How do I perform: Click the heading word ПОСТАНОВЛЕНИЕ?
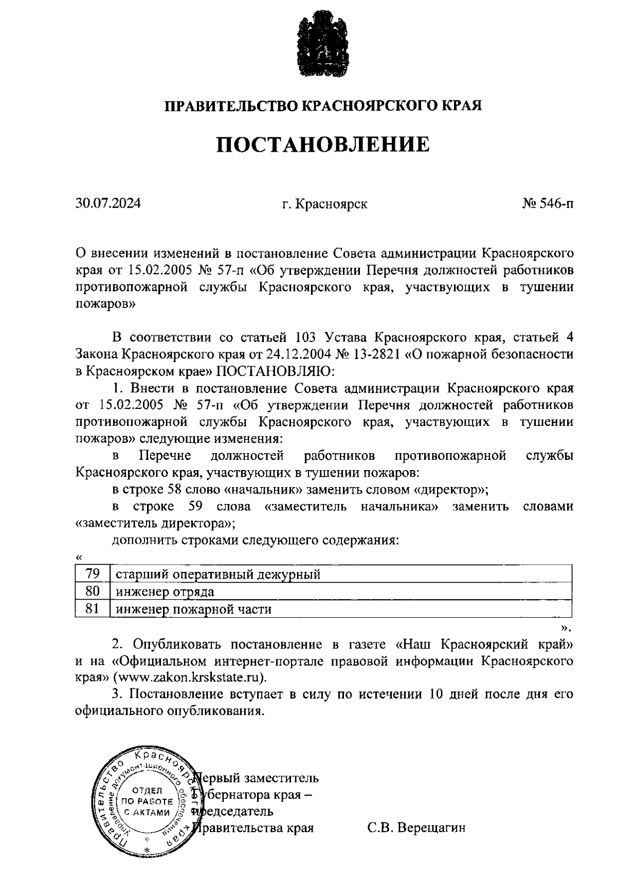pos(322,145)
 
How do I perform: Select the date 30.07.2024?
pos(107,204)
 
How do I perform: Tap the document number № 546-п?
pos(548,204)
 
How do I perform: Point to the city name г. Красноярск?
pos(324,204)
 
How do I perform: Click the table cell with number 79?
pos(92,573)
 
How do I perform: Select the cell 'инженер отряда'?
pos(165,591)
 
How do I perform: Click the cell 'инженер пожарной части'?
pos(193,609)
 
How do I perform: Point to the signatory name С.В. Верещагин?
pos(416,828)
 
